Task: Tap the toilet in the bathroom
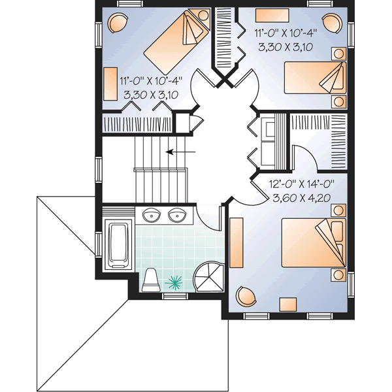point(152,280)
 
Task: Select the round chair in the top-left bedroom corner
point(118,24)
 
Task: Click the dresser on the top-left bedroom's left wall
point(109,82)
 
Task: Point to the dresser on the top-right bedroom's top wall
point(269,14)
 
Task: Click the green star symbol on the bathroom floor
point(175,282)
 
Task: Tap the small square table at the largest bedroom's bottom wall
point(287,304)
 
